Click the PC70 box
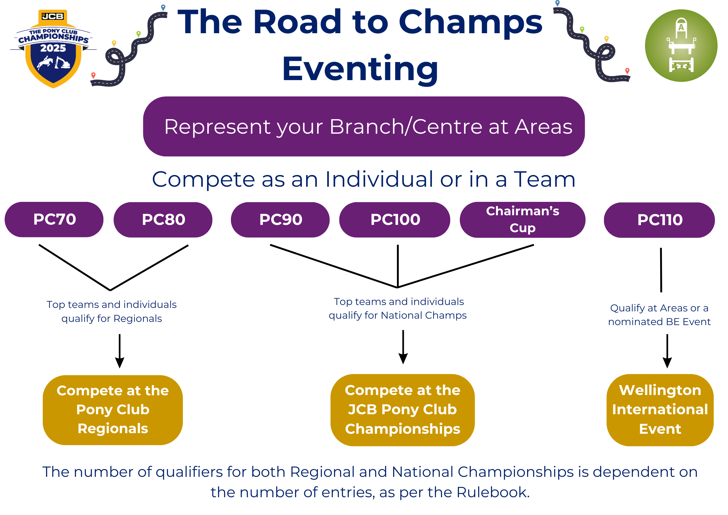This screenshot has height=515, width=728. pyautogui.click(x=54, y=219)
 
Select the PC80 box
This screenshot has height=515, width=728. pyautogui.click(x=163, y=220)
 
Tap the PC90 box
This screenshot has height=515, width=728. pyautogui.click(x=280, y=220)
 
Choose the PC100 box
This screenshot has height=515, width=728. pyautogui.click(x=395, y=220)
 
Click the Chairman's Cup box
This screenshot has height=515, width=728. pyautogui.click(x=522, y=220)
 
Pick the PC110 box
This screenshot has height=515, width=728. pyautogui.click(x=660, y=220)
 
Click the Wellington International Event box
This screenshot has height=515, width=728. pyautogui.click(x=660, y=410)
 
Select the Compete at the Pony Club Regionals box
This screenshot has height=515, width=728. pyautogui.click(x=113, y=410)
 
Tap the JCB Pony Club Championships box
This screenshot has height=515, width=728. pyautogui.click(x=403, y=410)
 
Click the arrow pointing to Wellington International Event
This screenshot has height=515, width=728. pyautogui.click(x=667, y=351)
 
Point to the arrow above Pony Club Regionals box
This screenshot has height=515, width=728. pyautogui.click(x=119, y=351)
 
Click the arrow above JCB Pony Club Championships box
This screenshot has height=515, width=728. pyautogui.click(x=403, y=347)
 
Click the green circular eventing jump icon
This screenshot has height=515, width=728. pyautogui.click(x=681, y=46)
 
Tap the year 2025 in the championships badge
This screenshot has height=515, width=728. pyautogui.click(x=53, y=48)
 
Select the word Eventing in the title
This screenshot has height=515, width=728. pyautogui.click(x=360, y=69)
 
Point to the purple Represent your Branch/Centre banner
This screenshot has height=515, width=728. pyautogui.click(x=364, y=126)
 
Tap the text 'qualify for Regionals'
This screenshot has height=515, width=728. pyautogui.click(x=112, y=319)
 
